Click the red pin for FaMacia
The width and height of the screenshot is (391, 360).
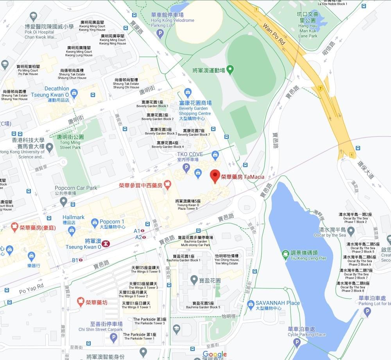(x=215, y=176)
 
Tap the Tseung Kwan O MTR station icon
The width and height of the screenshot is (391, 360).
(x=106, y=243)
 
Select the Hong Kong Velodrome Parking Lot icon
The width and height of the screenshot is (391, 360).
(x=160, y=34)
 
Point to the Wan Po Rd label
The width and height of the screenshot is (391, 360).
(x=274, y=34)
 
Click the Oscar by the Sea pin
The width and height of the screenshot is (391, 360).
(x=351, y=231)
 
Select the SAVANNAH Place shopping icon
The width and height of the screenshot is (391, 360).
(x=249, y=304)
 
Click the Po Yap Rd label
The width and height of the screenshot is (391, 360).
(x=31, y=289)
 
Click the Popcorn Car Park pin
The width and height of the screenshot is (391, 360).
(x=63, y=202)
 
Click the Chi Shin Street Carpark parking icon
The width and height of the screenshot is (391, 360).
(x=113, y=338)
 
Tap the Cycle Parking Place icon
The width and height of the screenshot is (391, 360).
(x=297, y=343)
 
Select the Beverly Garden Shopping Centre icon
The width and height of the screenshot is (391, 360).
(x=188, y=93)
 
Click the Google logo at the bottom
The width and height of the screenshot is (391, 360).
(x=214, y=355)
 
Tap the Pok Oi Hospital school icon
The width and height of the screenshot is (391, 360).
(x=33, y=16)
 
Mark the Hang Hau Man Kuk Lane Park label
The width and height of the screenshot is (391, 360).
(x=308, y=25)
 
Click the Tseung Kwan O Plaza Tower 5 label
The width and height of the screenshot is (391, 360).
(x=188, y=205)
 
